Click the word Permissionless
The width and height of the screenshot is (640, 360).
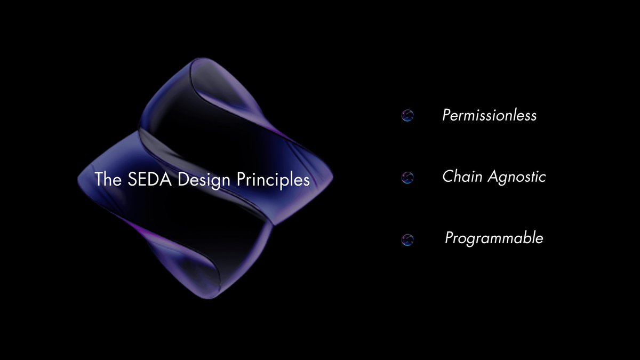point(489,115)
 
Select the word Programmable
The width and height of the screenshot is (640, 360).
point(494,238)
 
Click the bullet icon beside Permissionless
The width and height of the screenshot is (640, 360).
point(407,116)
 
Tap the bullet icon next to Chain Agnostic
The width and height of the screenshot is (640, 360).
point(407,178)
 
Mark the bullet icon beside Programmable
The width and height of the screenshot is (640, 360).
point(407,239)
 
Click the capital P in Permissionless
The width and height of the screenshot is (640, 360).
point(447,115)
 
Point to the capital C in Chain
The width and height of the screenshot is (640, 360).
point(447,177)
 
